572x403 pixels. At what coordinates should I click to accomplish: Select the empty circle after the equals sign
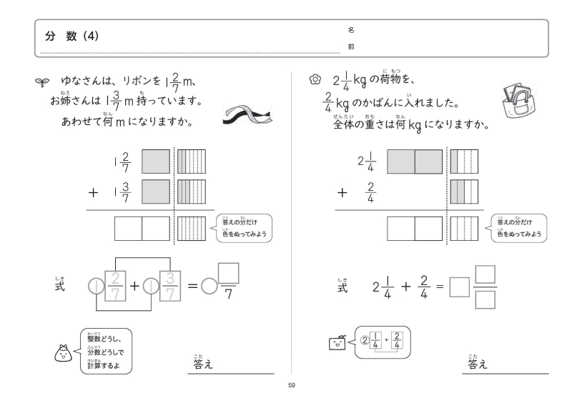coord(207,287)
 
